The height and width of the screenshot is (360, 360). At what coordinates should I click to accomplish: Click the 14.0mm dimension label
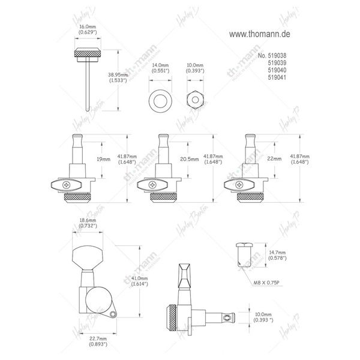pyautogui.click(x=159, y=67)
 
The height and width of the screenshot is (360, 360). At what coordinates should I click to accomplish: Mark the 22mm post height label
pyautogui.click(x=275, y=160)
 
